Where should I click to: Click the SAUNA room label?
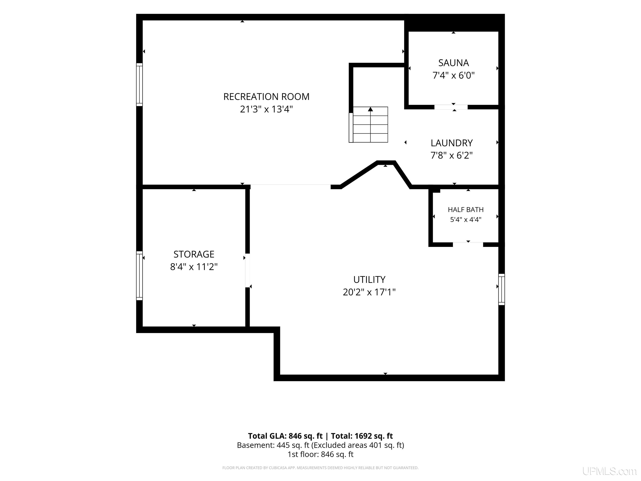(453, 63)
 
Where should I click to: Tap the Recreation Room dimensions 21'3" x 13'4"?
(266, 109)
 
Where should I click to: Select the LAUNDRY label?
(452, 143)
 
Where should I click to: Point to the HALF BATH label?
(466, 209)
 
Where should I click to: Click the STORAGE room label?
(194, 254)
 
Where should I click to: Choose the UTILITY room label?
(369, 280)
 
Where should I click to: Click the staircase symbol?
(368, 125)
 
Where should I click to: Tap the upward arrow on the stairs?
(370, 109)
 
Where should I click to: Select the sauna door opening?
(451, 107)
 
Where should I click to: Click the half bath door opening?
(468, 244)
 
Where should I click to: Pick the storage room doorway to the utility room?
(247, 271)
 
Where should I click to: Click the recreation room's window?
(139, 84)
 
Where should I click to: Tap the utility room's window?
(502, 289)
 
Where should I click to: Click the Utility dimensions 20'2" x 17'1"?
(369, 292)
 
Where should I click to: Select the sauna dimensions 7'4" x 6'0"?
(453, 75)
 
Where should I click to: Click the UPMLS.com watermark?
(609, 471)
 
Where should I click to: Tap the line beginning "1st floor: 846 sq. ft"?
(320, 454)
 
